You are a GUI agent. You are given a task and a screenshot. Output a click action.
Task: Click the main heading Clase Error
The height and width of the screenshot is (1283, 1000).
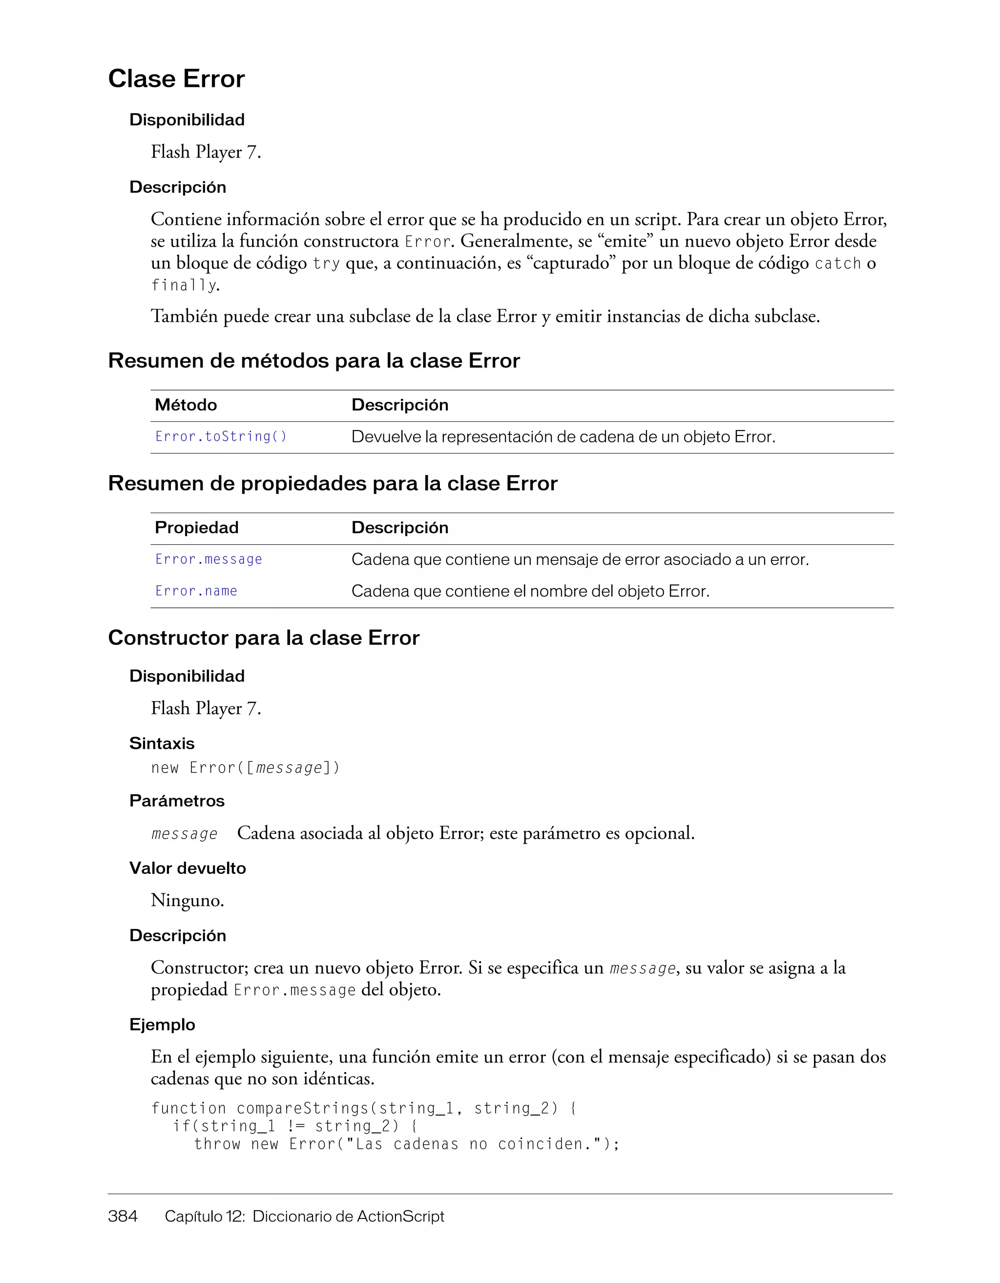point(176,79)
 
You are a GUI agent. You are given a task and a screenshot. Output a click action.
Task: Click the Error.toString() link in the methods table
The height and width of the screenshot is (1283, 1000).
point(221,436)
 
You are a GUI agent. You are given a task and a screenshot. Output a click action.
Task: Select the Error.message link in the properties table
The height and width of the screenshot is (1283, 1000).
point(208,559)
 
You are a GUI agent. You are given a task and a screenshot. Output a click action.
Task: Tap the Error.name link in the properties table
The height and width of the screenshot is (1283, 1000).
point(196,591)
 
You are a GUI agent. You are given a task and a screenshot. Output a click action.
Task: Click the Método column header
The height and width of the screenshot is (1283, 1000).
point(186,405)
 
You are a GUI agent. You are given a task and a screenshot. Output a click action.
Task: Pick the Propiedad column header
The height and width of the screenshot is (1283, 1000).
point(196,528)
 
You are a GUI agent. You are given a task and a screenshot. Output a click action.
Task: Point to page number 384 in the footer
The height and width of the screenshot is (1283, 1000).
point(123,1216)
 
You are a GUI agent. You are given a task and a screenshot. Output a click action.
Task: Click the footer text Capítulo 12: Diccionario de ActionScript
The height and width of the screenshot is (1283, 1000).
point(304,1216)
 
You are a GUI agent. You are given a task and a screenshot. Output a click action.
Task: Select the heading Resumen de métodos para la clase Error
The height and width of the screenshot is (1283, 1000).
point(314,361)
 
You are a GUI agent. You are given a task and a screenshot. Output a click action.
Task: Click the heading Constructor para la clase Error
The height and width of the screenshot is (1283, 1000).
point(264,638)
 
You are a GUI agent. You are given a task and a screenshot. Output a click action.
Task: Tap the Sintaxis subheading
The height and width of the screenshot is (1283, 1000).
point(162,743)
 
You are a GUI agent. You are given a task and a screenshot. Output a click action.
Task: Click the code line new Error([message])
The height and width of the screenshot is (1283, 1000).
point(246,768)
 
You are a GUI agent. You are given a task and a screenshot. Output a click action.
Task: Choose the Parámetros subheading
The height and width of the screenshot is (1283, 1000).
point(177,801)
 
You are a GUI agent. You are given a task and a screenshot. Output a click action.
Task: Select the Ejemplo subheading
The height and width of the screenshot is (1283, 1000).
point(162,1025)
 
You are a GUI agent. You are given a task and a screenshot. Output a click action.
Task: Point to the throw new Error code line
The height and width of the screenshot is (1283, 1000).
point(407,1144)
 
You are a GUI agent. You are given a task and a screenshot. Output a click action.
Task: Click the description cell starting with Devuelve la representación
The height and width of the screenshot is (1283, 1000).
point(563,437)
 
